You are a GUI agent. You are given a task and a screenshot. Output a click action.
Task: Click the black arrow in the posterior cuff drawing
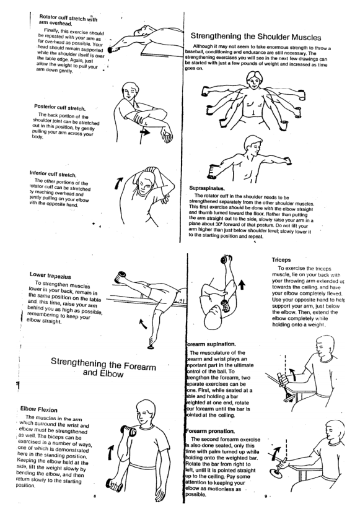tap(147, 132)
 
